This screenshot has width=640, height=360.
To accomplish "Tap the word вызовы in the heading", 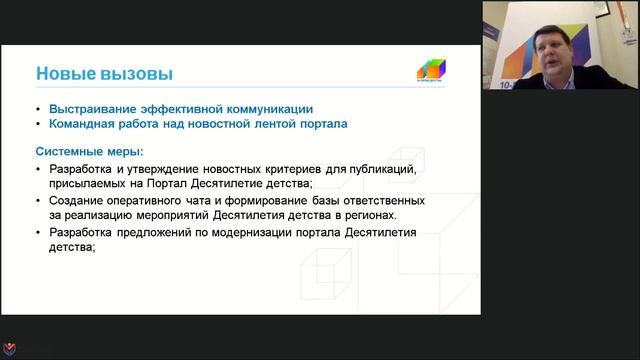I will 138,74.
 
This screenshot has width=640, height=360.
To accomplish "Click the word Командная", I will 81,124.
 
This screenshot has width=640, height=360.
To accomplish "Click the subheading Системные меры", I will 89,151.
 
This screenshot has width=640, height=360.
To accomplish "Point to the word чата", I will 195,200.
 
